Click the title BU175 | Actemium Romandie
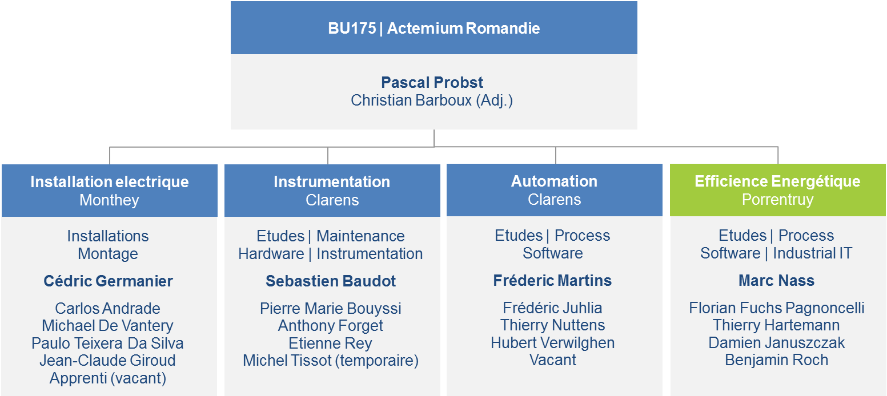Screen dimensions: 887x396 (434, 29)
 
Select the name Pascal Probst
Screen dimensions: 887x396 (432, 82)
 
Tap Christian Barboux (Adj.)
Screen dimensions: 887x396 (432, 100)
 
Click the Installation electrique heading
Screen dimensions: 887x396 (110, 181)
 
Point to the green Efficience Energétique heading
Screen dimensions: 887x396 (777, 181)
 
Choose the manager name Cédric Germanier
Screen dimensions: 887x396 (108, 281)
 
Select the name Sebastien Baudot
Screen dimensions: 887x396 (331, 281)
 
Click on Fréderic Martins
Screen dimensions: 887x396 (552, 281)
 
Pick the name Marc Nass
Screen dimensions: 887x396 (777, 281)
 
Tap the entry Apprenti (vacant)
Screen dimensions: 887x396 (108, 378)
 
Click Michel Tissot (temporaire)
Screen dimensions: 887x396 (331, 361)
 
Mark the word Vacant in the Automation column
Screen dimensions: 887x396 (553, 360)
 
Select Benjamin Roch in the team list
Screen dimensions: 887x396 (777, 360)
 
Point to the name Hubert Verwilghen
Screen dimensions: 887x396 (553, 342)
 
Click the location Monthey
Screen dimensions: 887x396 (109, 200)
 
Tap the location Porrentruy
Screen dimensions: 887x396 (778, 200)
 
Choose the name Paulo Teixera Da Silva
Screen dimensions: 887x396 (108, 344)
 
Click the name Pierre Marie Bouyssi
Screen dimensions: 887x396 (331, 309)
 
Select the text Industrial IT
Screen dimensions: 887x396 (813, 253)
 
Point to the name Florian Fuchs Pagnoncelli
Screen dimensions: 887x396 (777, 308)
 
